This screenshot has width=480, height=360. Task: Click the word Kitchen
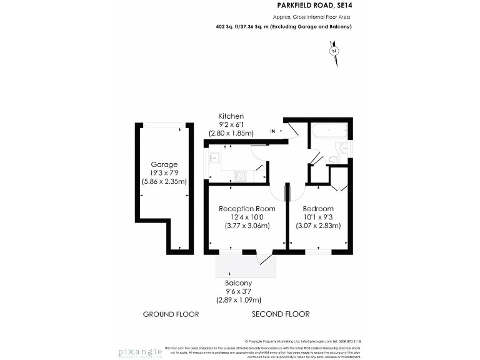click(x=231, y=117)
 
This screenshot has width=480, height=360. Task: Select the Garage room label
click(x=164, y=164)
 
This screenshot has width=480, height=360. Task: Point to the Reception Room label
click(x=247, y=208)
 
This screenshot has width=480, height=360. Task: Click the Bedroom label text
click(x=317, y=208)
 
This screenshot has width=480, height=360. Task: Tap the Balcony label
click(x=234, y=282)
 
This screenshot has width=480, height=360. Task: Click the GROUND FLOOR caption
click(x=171, y=314)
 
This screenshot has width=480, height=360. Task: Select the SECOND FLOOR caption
click(x=281, y=314)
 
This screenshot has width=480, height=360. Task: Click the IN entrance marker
click(x=272, y=131)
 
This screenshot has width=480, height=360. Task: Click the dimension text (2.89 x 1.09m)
click(x=234, y=300)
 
